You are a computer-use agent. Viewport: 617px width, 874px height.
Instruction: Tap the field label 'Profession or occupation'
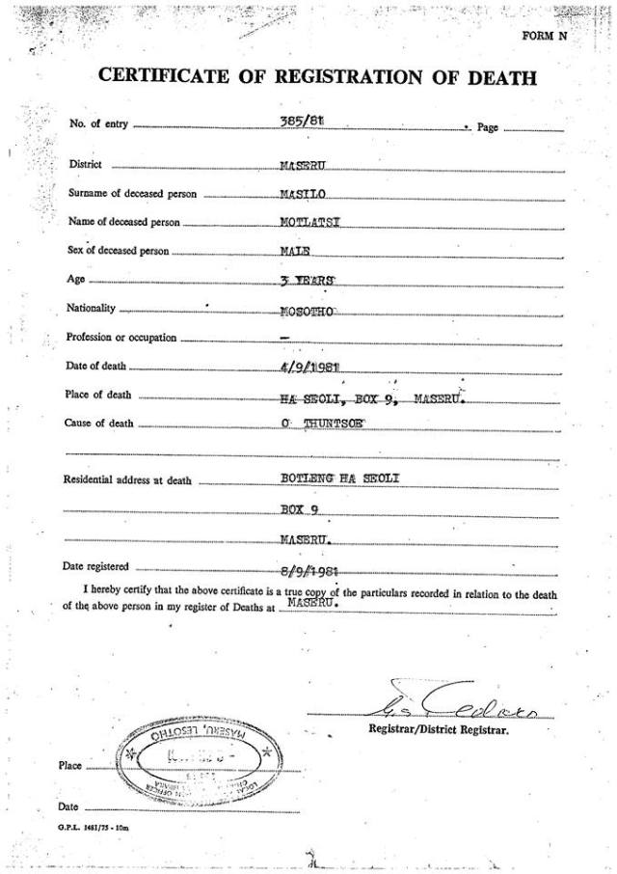(x=121, y=338)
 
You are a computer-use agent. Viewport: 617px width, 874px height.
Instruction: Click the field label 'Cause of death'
(x=99, y=423)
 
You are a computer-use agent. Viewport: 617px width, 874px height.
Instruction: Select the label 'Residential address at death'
(x=127, y=480)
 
